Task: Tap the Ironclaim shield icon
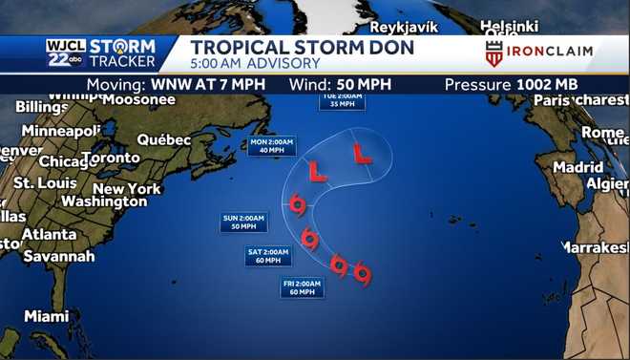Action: tap(493, 53)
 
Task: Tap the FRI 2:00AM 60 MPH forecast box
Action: tap(302, 287)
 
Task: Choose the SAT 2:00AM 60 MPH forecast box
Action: tap(268, 256)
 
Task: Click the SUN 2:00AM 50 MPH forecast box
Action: tap(243, 222)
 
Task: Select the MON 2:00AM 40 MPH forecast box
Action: tap(271, 145)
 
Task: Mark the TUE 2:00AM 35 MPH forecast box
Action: tap(342, 100)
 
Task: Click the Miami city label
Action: tap(47, 316)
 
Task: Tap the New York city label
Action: tap(127, 188)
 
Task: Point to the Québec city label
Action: tap(164, 139)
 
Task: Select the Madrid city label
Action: tap(578, 166)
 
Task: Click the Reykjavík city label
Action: tap(409, 26)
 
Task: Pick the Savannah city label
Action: tap(59, 256)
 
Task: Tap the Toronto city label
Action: tap(111, 158)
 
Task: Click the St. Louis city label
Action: tap(44, 182)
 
